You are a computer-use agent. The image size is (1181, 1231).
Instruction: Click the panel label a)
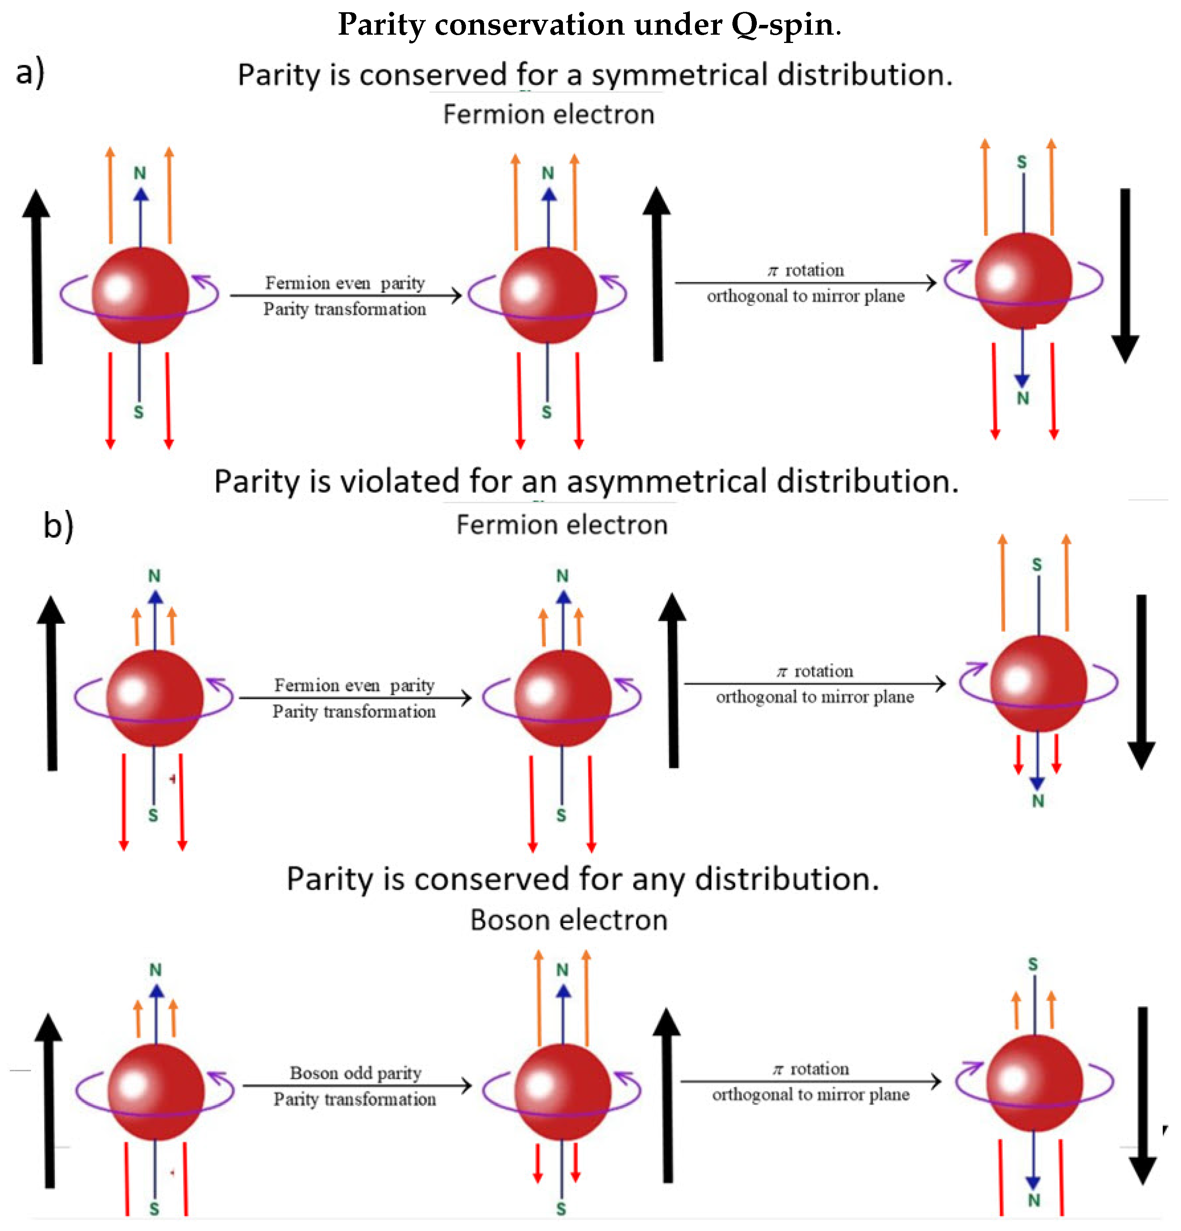(30, 72)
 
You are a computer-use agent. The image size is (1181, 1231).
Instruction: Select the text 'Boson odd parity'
(356, 1073)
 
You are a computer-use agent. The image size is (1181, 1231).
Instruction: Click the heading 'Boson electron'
(568, 920)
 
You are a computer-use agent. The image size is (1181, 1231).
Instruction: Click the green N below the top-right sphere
(1023, 398)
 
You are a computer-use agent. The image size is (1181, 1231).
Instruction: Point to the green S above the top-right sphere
(1021, 162)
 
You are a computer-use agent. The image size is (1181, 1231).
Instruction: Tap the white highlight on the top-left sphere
(117, 288)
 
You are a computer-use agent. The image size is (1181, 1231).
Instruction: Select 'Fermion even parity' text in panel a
(345, 283)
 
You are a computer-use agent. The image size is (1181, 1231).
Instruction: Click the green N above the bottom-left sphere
(155, 970)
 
